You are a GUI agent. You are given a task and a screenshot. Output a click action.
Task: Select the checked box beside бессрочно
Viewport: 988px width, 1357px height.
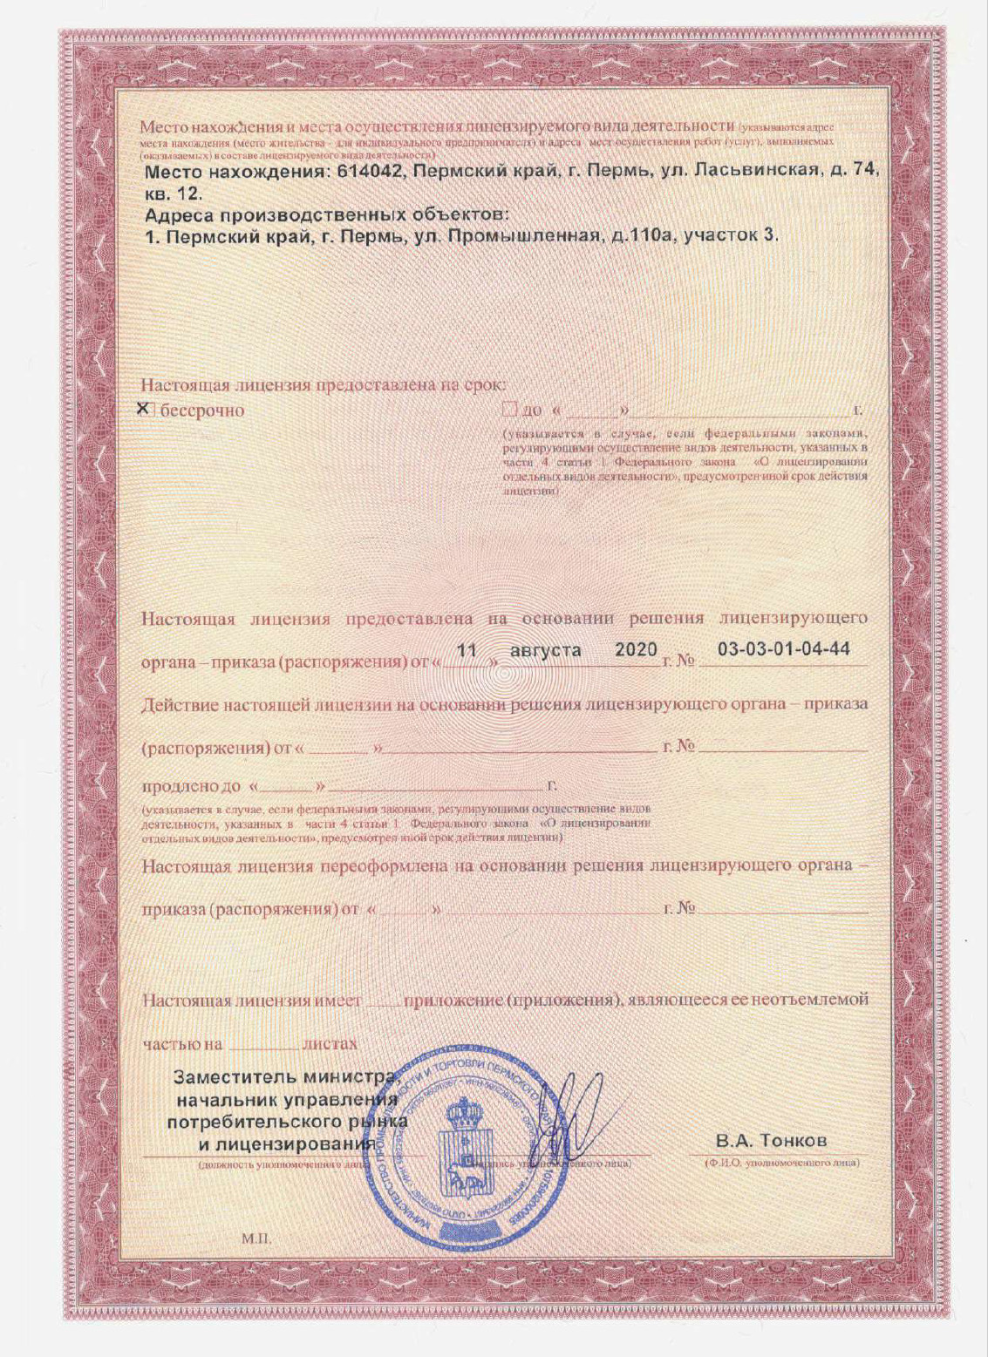(x=146, y=409)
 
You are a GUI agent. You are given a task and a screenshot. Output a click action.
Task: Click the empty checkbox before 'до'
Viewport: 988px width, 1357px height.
(x=510, y=410)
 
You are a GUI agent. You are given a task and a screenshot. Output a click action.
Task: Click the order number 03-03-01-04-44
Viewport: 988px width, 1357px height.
(x=783, y=650)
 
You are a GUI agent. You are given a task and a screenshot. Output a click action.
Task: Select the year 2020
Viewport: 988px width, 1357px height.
(x=636, y=650)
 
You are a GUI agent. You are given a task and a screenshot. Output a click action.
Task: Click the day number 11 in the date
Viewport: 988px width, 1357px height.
(x=468, y=650)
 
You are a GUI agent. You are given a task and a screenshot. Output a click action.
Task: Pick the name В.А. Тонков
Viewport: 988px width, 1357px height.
(x=771, y=1141)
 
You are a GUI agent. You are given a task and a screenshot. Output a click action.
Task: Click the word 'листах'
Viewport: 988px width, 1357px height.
(x=330, y=1044)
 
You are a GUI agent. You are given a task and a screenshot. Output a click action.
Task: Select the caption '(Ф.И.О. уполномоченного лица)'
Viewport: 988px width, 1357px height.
(x=781, y=1163)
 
